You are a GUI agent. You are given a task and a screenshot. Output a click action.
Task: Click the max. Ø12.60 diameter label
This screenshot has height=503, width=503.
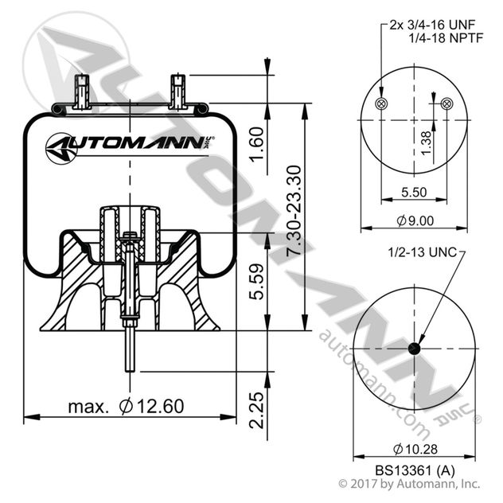tap(126, 406)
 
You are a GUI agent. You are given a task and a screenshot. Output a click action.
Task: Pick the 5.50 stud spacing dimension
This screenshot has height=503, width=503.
tap(413, 192)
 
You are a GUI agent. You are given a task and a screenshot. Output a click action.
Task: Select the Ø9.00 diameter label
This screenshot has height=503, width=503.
tap(414, 220)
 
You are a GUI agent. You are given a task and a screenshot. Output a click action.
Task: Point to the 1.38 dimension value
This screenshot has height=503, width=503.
tap(427, 141)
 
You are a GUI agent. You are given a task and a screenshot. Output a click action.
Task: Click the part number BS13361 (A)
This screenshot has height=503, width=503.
tap(414, 470)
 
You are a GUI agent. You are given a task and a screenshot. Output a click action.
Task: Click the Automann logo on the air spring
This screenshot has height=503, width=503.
tap(128, 146)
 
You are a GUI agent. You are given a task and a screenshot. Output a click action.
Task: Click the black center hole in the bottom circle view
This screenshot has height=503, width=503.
tap(414, 349)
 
